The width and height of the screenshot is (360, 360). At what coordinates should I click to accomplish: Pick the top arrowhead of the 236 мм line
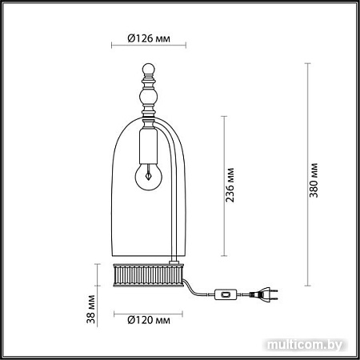pos(221,117)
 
